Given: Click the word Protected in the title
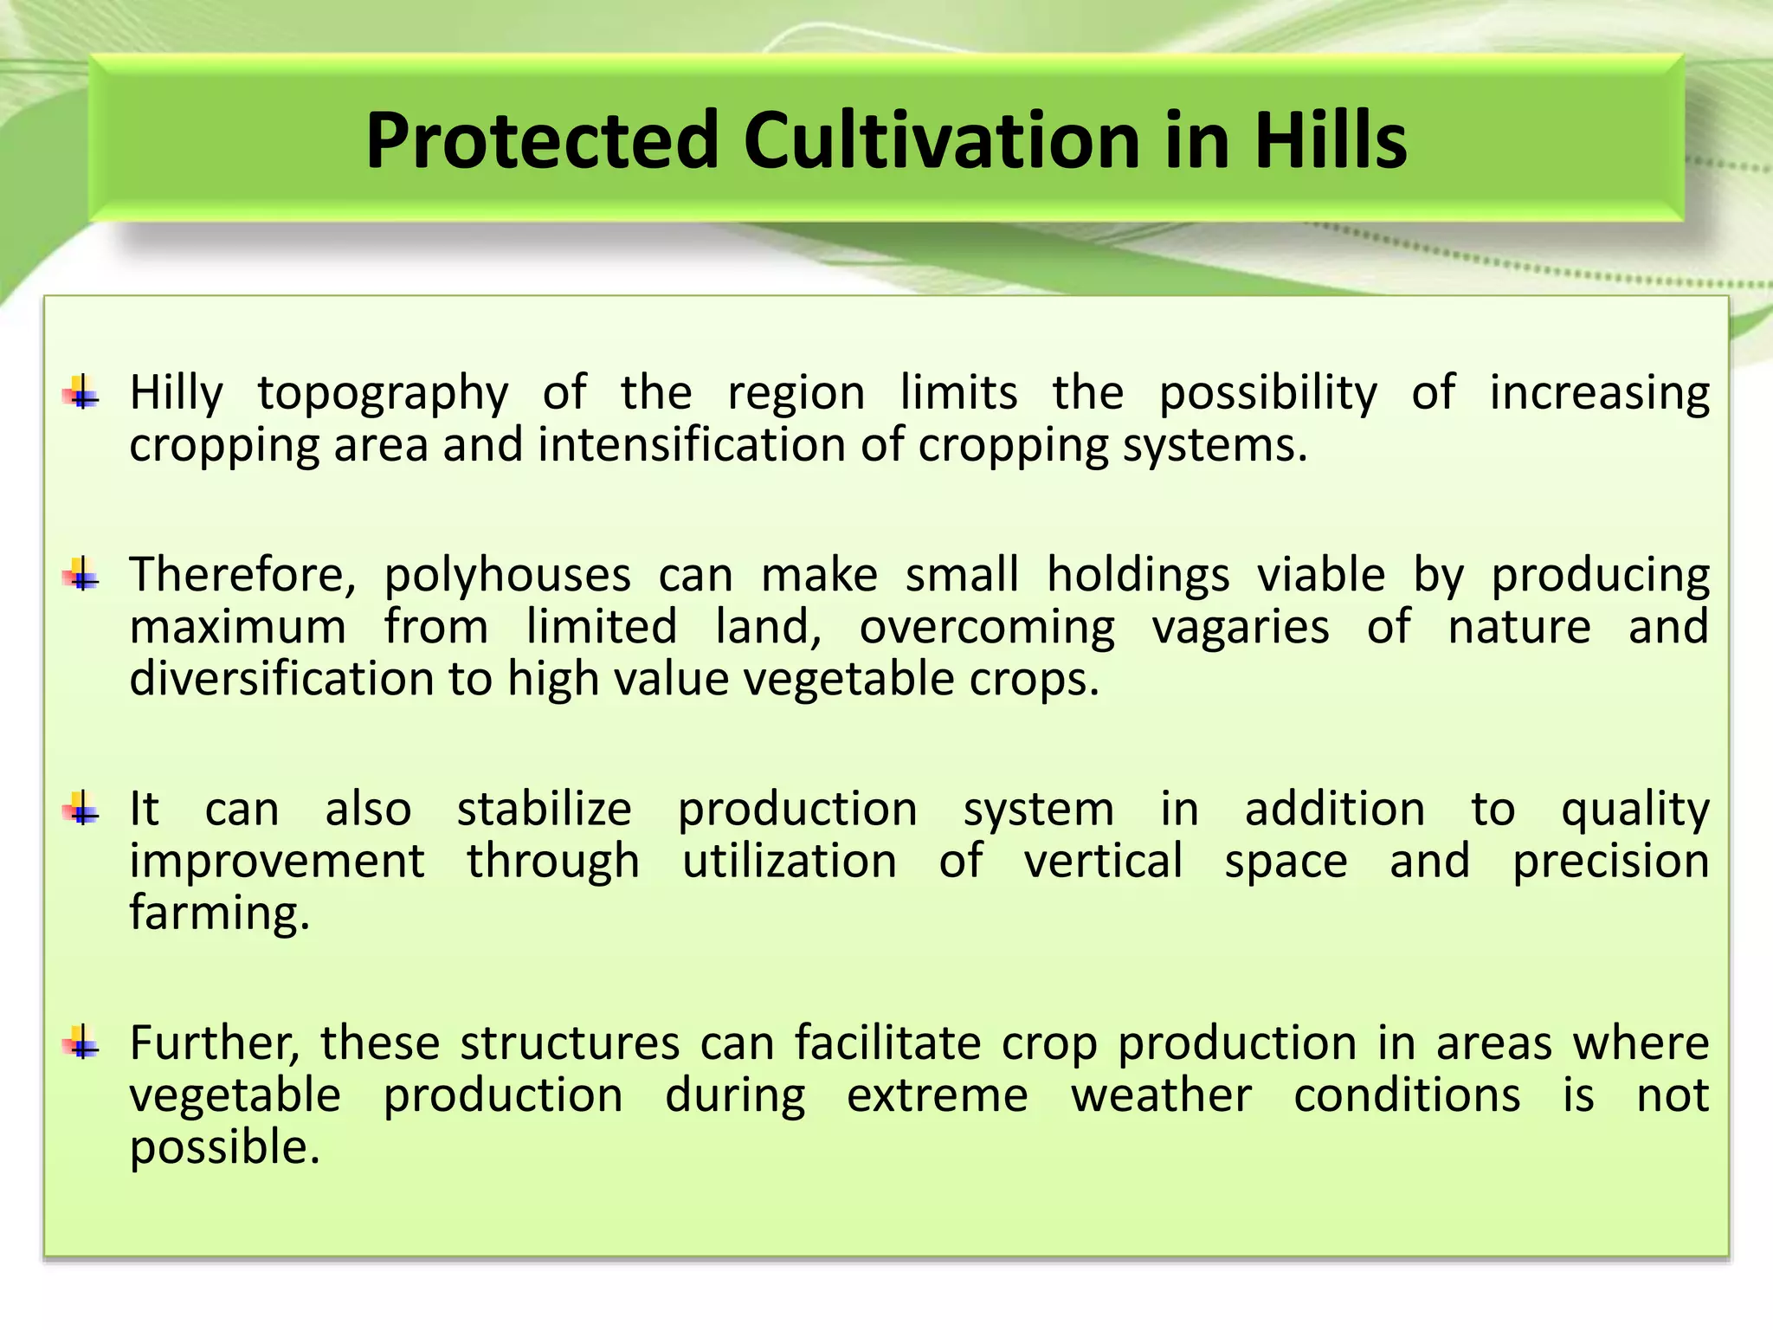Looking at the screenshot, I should click(x=541, y=140).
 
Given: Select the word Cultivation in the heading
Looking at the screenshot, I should click(x=941, y=140).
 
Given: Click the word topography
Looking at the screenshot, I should click(x=383, y=395).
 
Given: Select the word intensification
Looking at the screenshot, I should click(x=690, y=446).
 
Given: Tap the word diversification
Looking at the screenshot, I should click(x=281, y=679).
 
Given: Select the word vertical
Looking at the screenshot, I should click(x=1103, y=862).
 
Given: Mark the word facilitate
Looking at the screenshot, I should click(x=887, y=1043).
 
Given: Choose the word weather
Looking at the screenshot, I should click(x=1161, y=1095).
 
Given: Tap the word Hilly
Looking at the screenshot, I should click(x=176, y=395).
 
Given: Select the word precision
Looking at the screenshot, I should click(x=1610, y=862).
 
